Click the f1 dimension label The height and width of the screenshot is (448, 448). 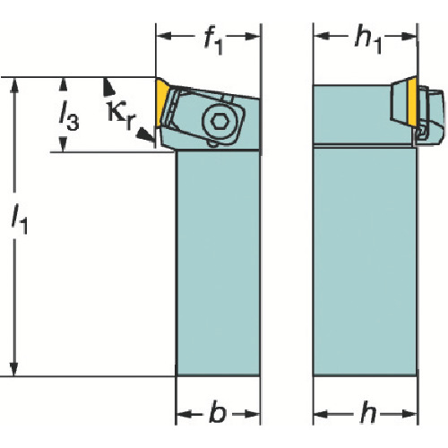tap(213, 42)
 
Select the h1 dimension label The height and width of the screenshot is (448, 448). tap(368, 42)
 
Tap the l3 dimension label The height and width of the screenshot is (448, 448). tap(69, 117)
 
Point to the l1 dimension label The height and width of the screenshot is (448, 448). tap(20, 220)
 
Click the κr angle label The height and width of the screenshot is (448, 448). tap(121, 116)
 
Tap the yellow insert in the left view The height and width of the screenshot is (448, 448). tap(161, 101)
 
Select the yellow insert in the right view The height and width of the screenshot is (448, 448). tap(412, 101)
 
